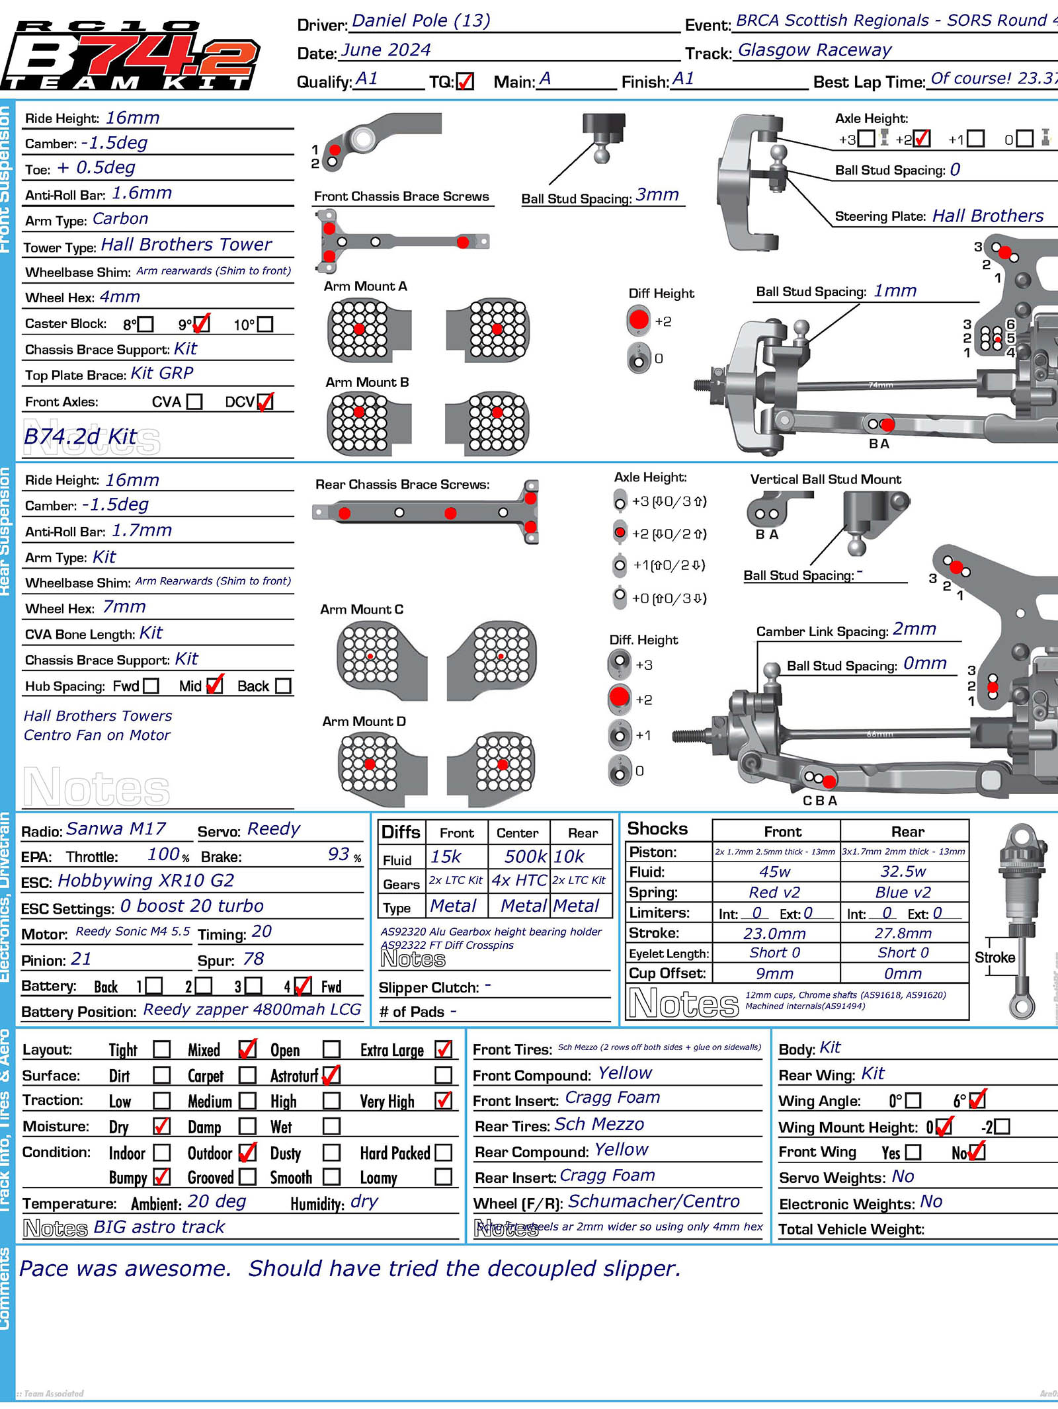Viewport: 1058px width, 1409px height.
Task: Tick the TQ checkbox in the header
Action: pos(465,81)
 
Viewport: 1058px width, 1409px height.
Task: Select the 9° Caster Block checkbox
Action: pos(201,324)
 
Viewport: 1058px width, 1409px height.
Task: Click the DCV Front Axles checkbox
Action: pos(264,402)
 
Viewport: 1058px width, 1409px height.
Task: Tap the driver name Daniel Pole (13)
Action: pos(421,21)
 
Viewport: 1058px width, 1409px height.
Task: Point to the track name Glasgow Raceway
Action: pos(814,51)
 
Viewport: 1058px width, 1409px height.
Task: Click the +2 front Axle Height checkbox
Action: pos(921,139)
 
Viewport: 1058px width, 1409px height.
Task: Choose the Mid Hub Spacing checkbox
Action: pos(214,686)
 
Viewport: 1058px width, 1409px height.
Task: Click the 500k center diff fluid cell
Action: pos(525,857)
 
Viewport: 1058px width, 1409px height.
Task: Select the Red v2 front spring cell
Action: pos(774,893)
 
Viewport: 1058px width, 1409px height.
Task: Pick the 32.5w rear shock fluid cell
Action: pos(903,872)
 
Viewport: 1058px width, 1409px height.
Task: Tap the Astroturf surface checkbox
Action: pos(331,1076)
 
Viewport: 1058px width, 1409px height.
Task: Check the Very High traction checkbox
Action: pos(444,1101)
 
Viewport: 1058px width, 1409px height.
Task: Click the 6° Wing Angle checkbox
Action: pos(977,1100)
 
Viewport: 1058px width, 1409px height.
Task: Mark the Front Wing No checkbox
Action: pos(976,1152)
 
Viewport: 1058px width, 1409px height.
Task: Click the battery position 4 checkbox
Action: pos(302,986)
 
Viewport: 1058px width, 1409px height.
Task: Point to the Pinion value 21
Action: pos(81,959)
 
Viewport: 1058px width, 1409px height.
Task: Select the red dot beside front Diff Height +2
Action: pos(639,321)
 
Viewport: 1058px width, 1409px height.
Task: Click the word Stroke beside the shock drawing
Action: pos(995,957)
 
